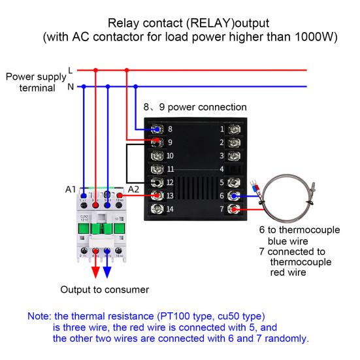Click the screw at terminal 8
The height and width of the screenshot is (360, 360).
pyautogui.click(x=157, y=129)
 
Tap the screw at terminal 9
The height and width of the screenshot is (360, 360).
pyautogui.click(x=157, y=142)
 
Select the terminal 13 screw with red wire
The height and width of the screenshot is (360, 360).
pyautogui.click(x=157, y=195)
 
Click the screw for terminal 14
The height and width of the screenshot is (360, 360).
pyautogui.click(x=157, y=209)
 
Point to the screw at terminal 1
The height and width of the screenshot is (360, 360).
pyautogui.click(x=234, y=129)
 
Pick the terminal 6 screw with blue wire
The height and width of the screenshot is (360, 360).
pyautogui.click(x=234, y=195)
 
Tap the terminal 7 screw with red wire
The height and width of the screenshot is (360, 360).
pyautogui.click(x=234, y=209)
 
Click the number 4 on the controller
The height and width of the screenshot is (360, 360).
pyautogui.click(x=222, y=169)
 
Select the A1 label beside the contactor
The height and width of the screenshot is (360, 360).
pyautogui.click(x=71, y=189)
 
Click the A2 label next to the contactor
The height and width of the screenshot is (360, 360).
pyautogui.click(x=133, y=189)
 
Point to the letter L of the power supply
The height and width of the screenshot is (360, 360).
pyautogui.click(x=71, y=69)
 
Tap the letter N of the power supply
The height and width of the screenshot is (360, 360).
pyautogui.click(x=71, y=86)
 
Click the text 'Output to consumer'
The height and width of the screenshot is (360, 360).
pyautogui.click(x=105, y=289)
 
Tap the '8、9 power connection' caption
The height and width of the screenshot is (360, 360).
pyautogui.click(x=195, y=106)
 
